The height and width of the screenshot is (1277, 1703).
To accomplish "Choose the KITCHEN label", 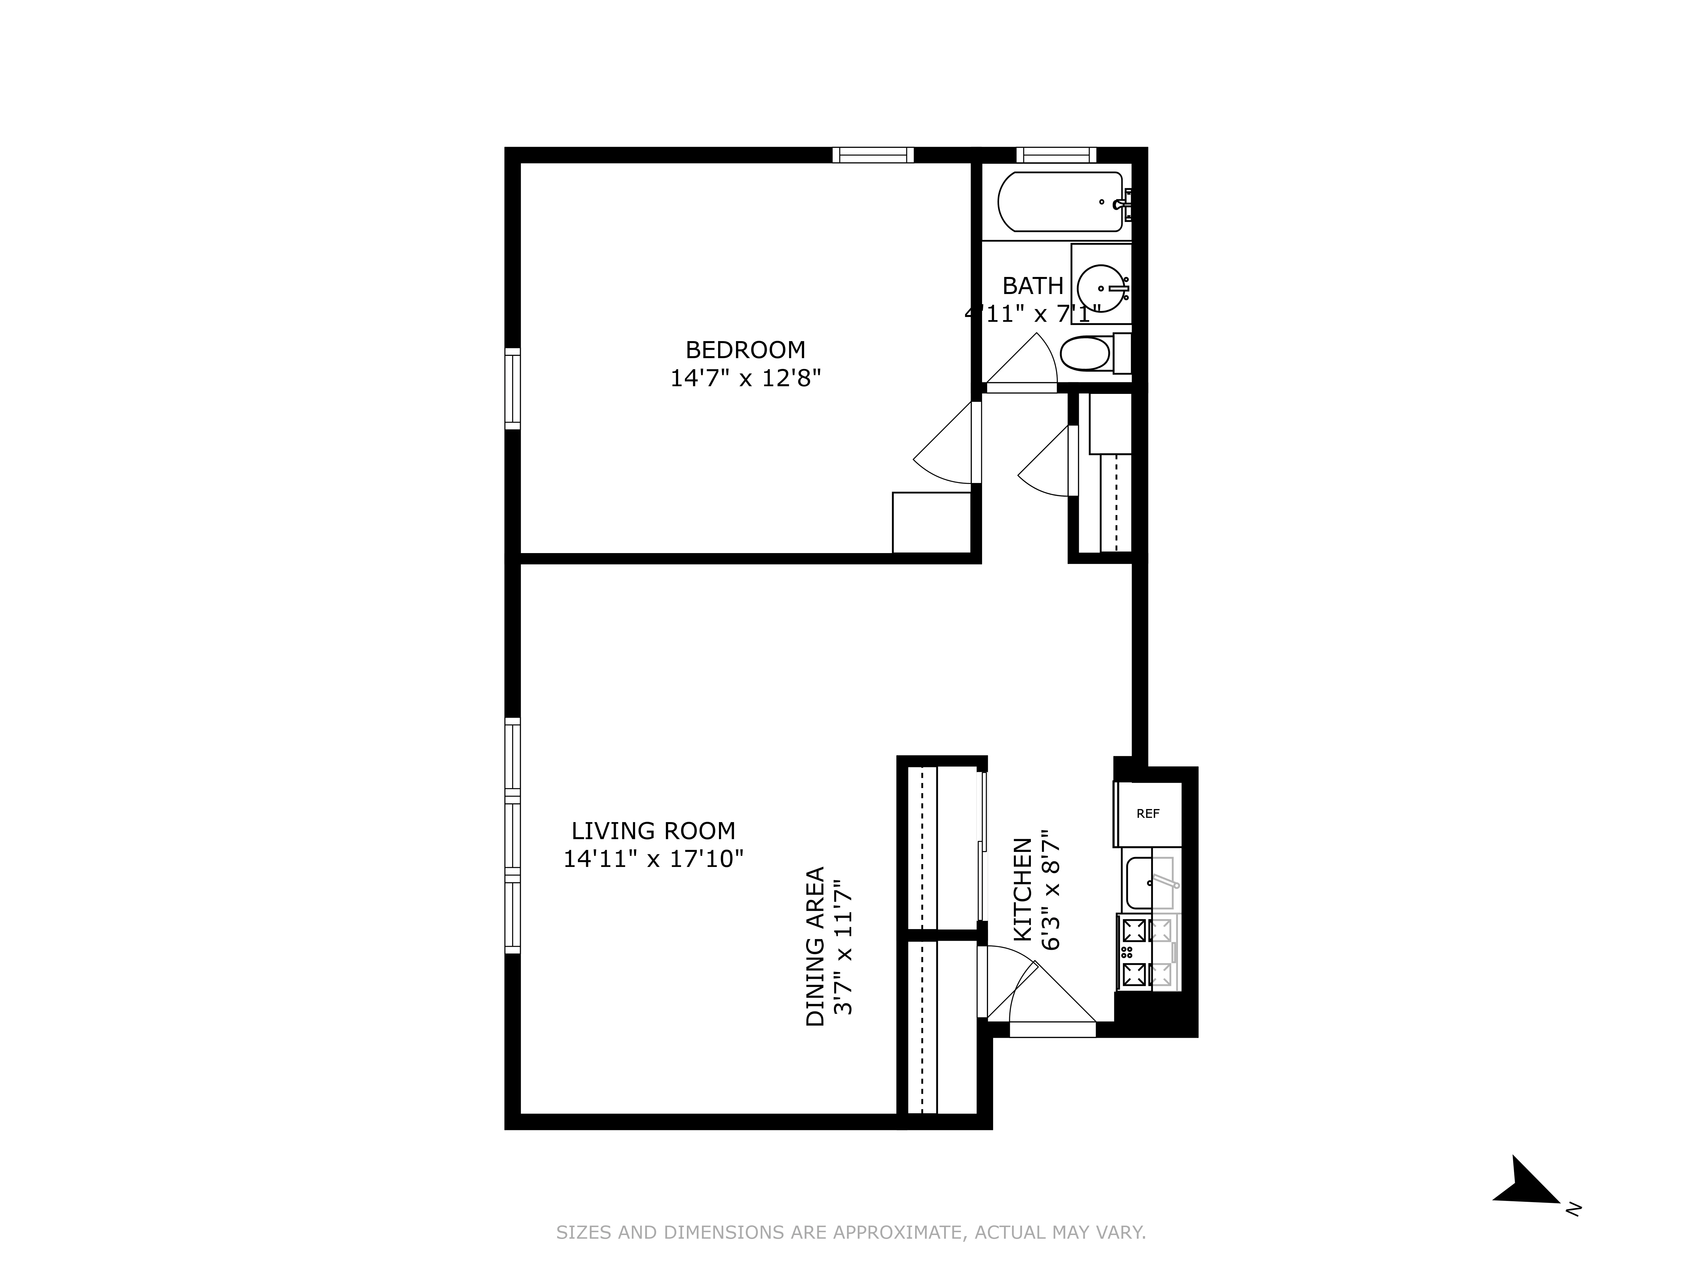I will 1022,889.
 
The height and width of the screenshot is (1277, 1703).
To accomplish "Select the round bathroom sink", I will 1101,288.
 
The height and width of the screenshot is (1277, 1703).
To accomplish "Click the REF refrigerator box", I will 1147,814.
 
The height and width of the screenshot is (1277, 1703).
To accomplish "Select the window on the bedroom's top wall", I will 873,155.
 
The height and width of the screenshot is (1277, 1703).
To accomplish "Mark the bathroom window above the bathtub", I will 1056,155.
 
